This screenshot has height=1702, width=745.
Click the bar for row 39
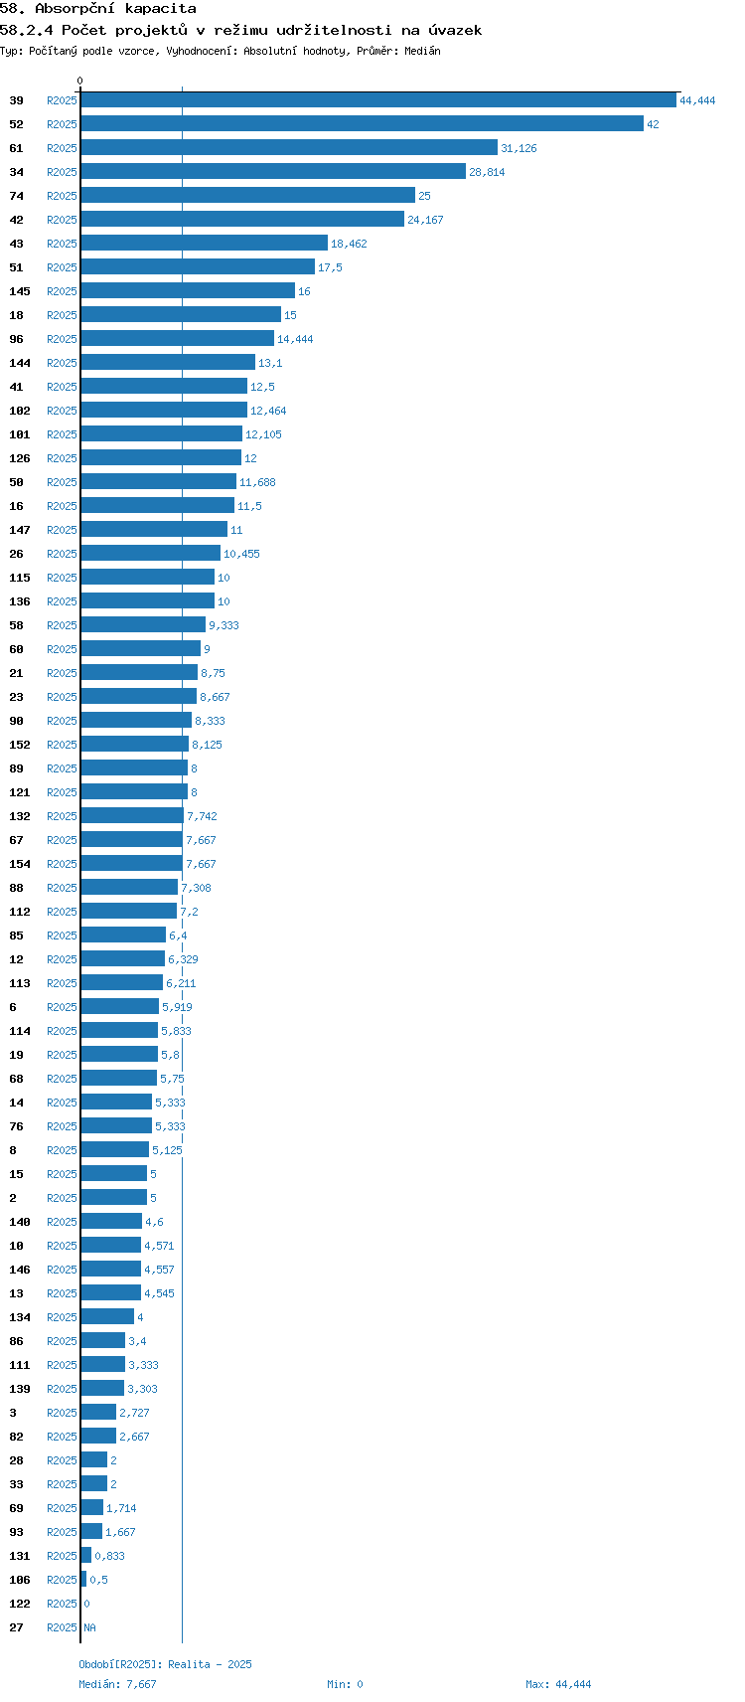[x=378, y=100]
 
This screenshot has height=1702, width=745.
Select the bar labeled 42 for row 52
[x=363, y=124]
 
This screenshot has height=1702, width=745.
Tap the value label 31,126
[x=519, y=148]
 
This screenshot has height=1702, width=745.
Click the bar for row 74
[x=248, y=195]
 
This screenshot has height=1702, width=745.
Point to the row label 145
[x=20, y=291]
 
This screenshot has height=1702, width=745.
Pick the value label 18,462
[x=349, y=244]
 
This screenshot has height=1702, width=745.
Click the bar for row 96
[x=178, y=339]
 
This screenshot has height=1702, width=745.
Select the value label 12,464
[x=268, y=411]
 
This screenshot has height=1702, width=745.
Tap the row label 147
[x=20, y=530]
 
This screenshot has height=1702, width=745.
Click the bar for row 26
[x=150, y=553]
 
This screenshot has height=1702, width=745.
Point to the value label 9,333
[x=223, y=625]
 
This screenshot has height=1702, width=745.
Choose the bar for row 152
[x=134, y=744]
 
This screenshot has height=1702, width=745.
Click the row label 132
[x=20, y=816]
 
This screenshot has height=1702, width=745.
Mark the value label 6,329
[x=183, y=959]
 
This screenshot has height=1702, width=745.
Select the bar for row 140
[x=111, y=1221]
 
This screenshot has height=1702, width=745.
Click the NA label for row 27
[x=89, y=1626]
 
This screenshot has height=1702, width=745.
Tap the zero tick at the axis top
[x=79, y=81]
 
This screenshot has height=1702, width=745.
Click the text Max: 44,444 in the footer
[x=558, y=1684]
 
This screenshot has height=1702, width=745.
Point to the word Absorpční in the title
[x=74, y=9]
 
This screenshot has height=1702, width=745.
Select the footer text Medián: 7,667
[x=118, y=1684]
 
